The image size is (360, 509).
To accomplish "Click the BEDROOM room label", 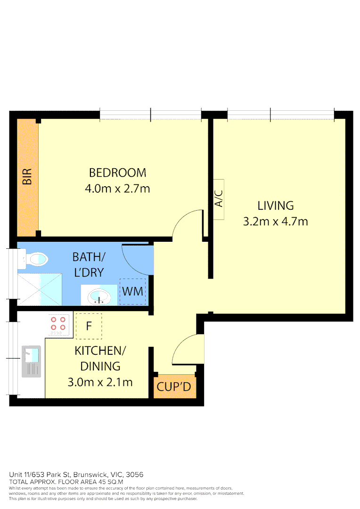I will pyautogui.click(x=117, y=172).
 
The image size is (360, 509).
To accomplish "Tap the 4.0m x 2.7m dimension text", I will pyautogui.click(x=117, y=189).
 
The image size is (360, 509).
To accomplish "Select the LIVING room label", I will pyautogui.click(x=275, y=205).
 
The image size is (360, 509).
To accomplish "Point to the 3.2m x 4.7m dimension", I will pyautogui.click(x=275, y=221).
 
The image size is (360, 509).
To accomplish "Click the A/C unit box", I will pyautogui.click(x=218, y=199).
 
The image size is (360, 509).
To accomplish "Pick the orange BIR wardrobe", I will pyautogui.click(x=27, y=178).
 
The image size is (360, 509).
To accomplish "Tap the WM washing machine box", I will pyautogui.click(x=132, y=291).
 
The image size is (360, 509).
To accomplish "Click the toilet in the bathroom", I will pyautogui.click(x=35, y=259).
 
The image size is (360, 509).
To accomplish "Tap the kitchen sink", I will pyautogui.click(x=31, y=361).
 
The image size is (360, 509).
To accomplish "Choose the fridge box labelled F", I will pyautogui.click(x=89, y=326).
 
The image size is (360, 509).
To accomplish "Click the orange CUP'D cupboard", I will pyautogui.click(x=173, y=387).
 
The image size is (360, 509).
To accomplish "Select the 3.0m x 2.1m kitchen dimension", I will pyautogui.click(x=100, y=382).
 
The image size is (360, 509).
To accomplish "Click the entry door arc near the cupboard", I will pyautogui.click(x=187, y=349).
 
